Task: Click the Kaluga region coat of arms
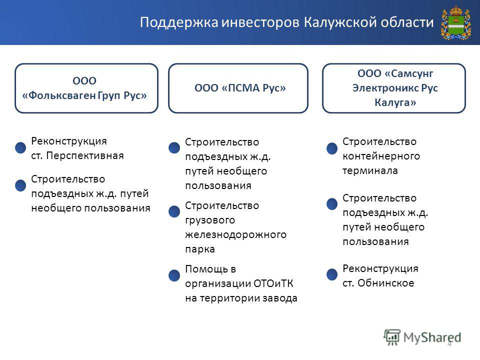click(455, 22)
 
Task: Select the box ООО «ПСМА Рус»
click(238, 88)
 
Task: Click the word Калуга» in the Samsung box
click(395, 102)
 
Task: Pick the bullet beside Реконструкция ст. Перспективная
click(20, 147)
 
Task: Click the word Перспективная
click(85, 155)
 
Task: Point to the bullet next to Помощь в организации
click(174, 275)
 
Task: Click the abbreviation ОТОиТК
click(269, 283)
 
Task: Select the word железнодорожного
click(235, 234)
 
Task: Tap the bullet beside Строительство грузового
click(174, 211)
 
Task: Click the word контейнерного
click(381, 156)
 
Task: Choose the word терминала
click(370, 170)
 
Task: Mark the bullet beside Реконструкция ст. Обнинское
click(332, 274)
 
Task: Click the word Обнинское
click(385, 283)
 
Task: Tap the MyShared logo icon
click(392, 337)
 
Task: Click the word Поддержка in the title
click(179, 22)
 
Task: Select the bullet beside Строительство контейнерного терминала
click(332, 148)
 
